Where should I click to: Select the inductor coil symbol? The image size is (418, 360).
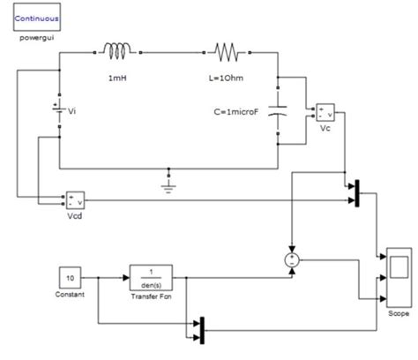coord(118,51)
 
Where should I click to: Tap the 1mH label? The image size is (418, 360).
coord(117,79)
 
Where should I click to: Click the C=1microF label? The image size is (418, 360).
coord(240,113)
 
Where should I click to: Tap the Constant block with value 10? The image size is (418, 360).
coord(71,277)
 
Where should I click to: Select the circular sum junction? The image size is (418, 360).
coord(290,258)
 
